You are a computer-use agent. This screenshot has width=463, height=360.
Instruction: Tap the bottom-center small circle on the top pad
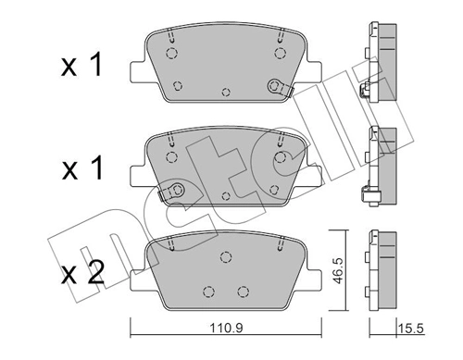[227, 93]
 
